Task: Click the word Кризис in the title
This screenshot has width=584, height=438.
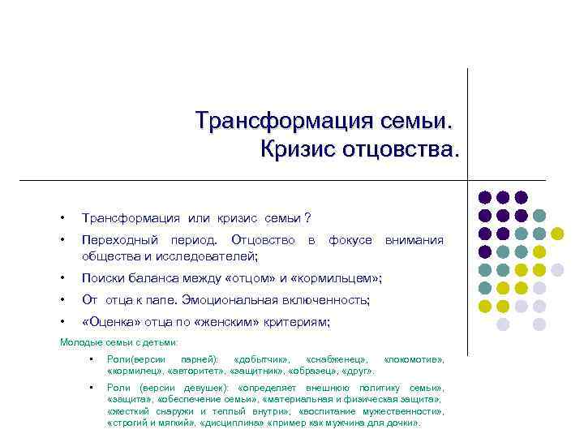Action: [296, 149]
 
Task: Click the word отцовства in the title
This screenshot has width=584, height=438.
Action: [398, 149]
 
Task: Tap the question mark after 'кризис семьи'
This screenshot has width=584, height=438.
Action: [307, 219]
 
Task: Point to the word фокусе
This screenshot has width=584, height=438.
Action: [350, 240]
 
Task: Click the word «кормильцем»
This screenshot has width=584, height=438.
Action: [333, 279]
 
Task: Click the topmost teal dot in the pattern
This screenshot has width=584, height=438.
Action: [539, 216]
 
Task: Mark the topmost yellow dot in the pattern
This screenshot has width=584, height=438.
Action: [557, 234]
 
